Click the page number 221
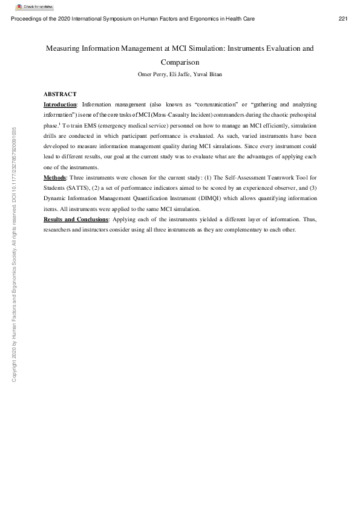click(343, 19)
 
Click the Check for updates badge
click(31, 6)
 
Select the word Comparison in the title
click(180, 62)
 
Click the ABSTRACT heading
click(60, 94)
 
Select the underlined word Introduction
click(60, 105)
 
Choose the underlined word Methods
click(54, 177)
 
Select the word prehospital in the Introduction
click(300, 114)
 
